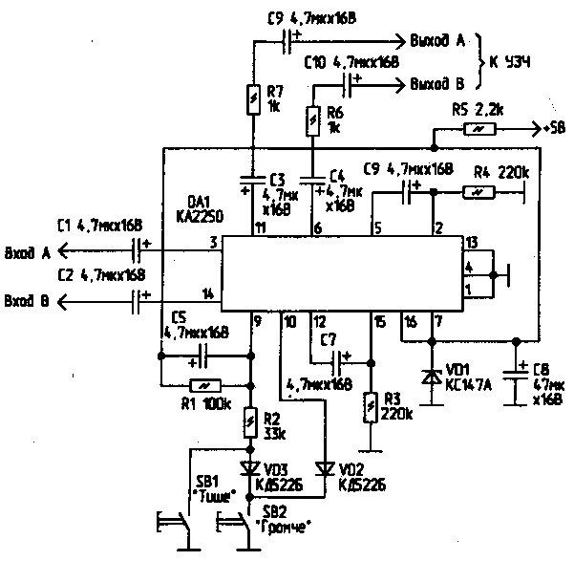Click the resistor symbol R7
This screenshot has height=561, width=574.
(252, 100)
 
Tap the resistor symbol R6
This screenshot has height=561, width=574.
(312, 120)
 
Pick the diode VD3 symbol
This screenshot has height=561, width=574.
(252, 467)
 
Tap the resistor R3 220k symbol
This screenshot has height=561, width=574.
(371, 408)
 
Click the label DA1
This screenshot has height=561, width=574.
(200, 202)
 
